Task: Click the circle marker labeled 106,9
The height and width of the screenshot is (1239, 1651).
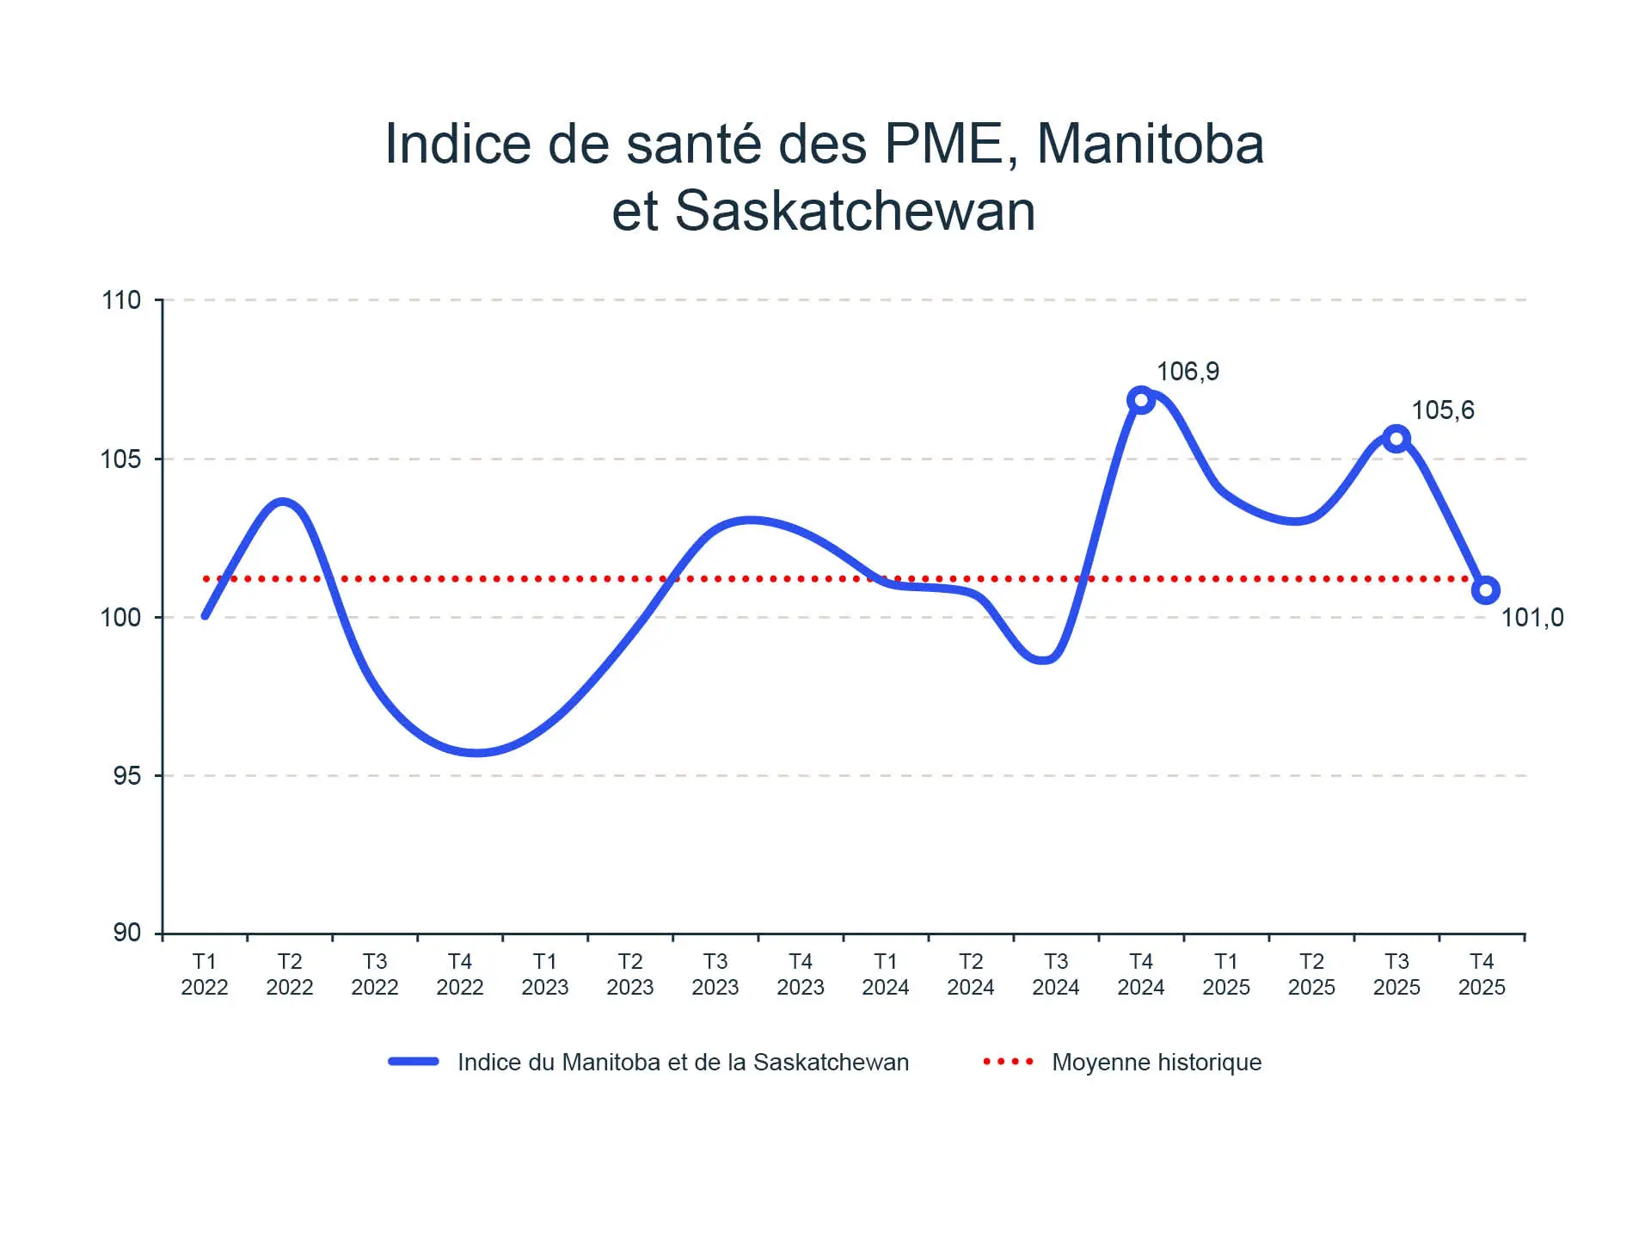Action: [1140, 400]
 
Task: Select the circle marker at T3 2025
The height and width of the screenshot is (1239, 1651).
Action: [1396, 439]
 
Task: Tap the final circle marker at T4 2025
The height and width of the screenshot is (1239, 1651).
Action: [1485, 590]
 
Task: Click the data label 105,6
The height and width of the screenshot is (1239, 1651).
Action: [1442, 410]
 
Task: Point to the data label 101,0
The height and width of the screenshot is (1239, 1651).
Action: [1531, 618]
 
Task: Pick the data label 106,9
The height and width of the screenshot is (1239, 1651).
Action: [1188, 372]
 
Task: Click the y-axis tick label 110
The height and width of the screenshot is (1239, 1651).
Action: [120, 300]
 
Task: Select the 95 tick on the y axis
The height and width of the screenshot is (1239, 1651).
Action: [126, 776]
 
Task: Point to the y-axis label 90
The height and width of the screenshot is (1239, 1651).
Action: [126, 933]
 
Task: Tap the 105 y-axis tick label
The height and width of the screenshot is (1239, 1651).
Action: [120, 459]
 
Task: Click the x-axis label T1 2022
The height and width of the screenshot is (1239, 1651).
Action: [205, 974]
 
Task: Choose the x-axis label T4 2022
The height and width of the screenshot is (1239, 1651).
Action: [460, 974]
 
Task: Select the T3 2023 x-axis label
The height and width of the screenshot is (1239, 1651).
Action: [715, 974]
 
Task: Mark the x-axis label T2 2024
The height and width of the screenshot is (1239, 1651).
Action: [971, 974]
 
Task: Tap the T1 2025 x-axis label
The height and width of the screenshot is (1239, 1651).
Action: [1226, 974]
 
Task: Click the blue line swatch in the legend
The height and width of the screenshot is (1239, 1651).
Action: [414, 1062]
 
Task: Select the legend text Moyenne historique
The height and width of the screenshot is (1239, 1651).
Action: [1157, 1063]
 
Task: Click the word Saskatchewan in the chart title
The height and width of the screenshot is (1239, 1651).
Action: [855, 211]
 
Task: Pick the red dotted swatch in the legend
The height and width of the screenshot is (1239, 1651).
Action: [1009, 1062]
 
